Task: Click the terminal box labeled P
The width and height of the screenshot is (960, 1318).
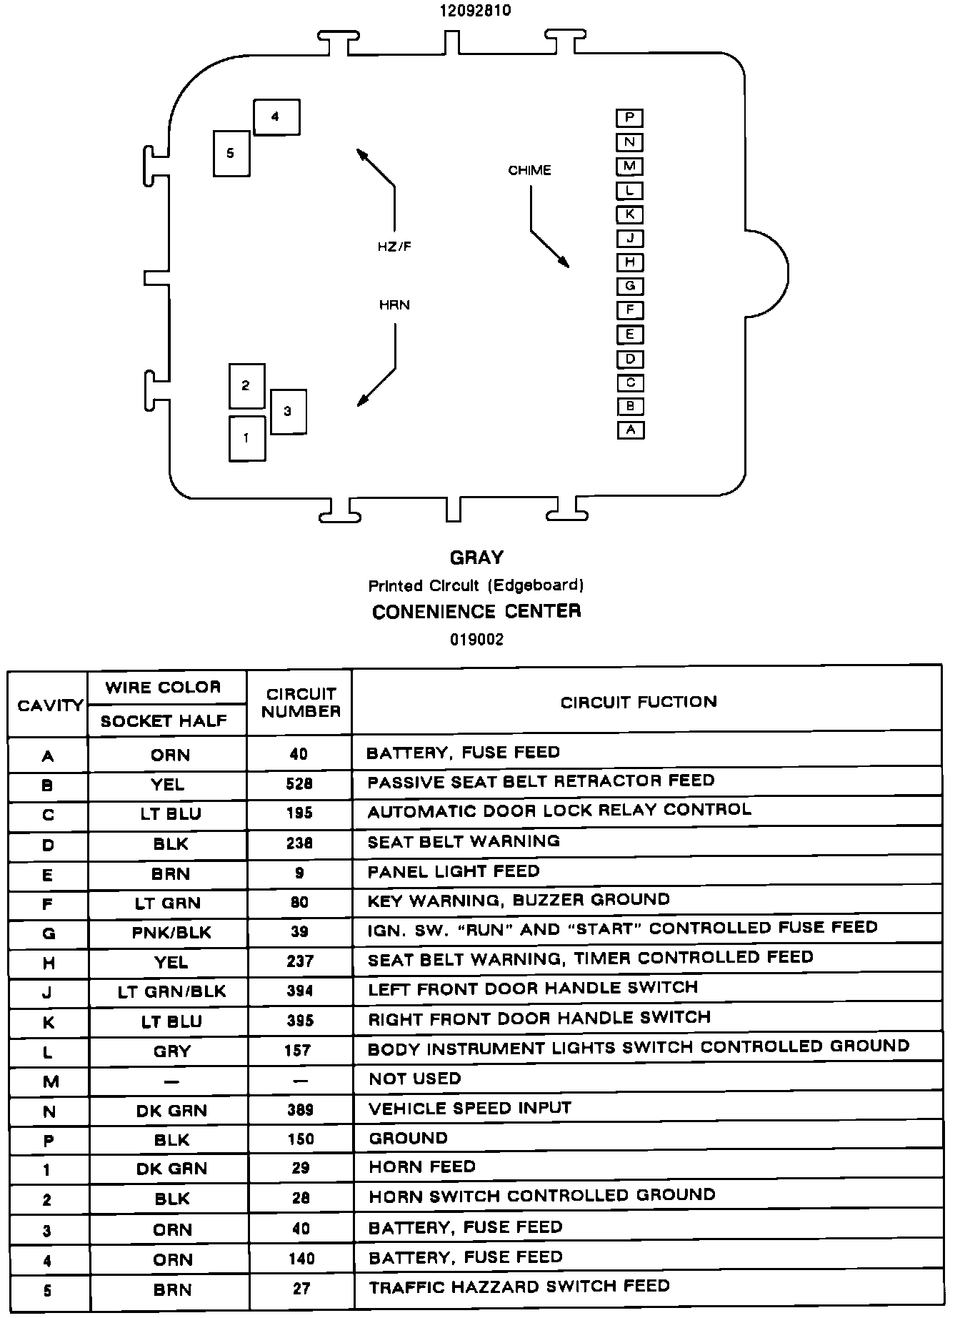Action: point(629,118)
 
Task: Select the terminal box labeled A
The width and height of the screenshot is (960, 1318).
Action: point(630,430)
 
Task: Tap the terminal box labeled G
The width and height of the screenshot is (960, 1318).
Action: point(630,286)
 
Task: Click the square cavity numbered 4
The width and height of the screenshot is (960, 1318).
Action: point(276,117)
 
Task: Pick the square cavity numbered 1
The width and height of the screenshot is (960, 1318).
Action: point(246,438)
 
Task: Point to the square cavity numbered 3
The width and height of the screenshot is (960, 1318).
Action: point(289,411)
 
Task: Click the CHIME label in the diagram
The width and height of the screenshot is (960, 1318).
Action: point(529,170)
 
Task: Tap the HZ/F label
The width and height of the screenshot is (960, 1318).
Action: point(394,247)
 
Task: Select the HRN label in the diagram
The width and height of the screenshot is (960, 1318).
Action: point(394,305)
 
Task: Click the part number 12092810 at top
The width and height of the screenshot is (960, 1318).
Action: point(476,11)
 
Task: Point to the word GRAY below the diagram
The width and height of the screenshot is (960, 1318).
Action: point(476,558)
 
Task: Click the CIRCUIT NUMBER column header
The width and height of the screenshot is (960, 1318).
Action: point(300,703)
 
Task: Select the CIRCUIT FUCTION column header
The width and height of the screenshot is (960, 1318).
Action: point(638,702)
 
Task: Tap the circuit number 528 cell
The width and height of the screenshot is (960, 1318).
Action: point(299,784)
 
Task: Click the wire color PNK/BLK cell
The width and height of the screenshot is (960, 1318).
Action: point(171,932)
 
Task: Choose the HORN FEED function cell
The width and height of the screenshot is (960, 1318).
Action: point(422,1166)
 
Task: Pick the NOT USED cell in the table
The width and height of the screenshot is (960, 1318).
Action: point(415,1079)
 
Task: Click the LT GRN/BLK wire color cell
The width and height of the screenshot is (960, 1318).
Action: point(171,991)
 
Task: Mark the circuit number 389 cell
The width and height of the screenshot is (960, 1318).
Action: point(299,1109)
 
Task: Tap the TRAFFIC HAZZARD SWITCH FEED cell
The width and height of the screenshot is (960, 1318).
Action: point(519,1287)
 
